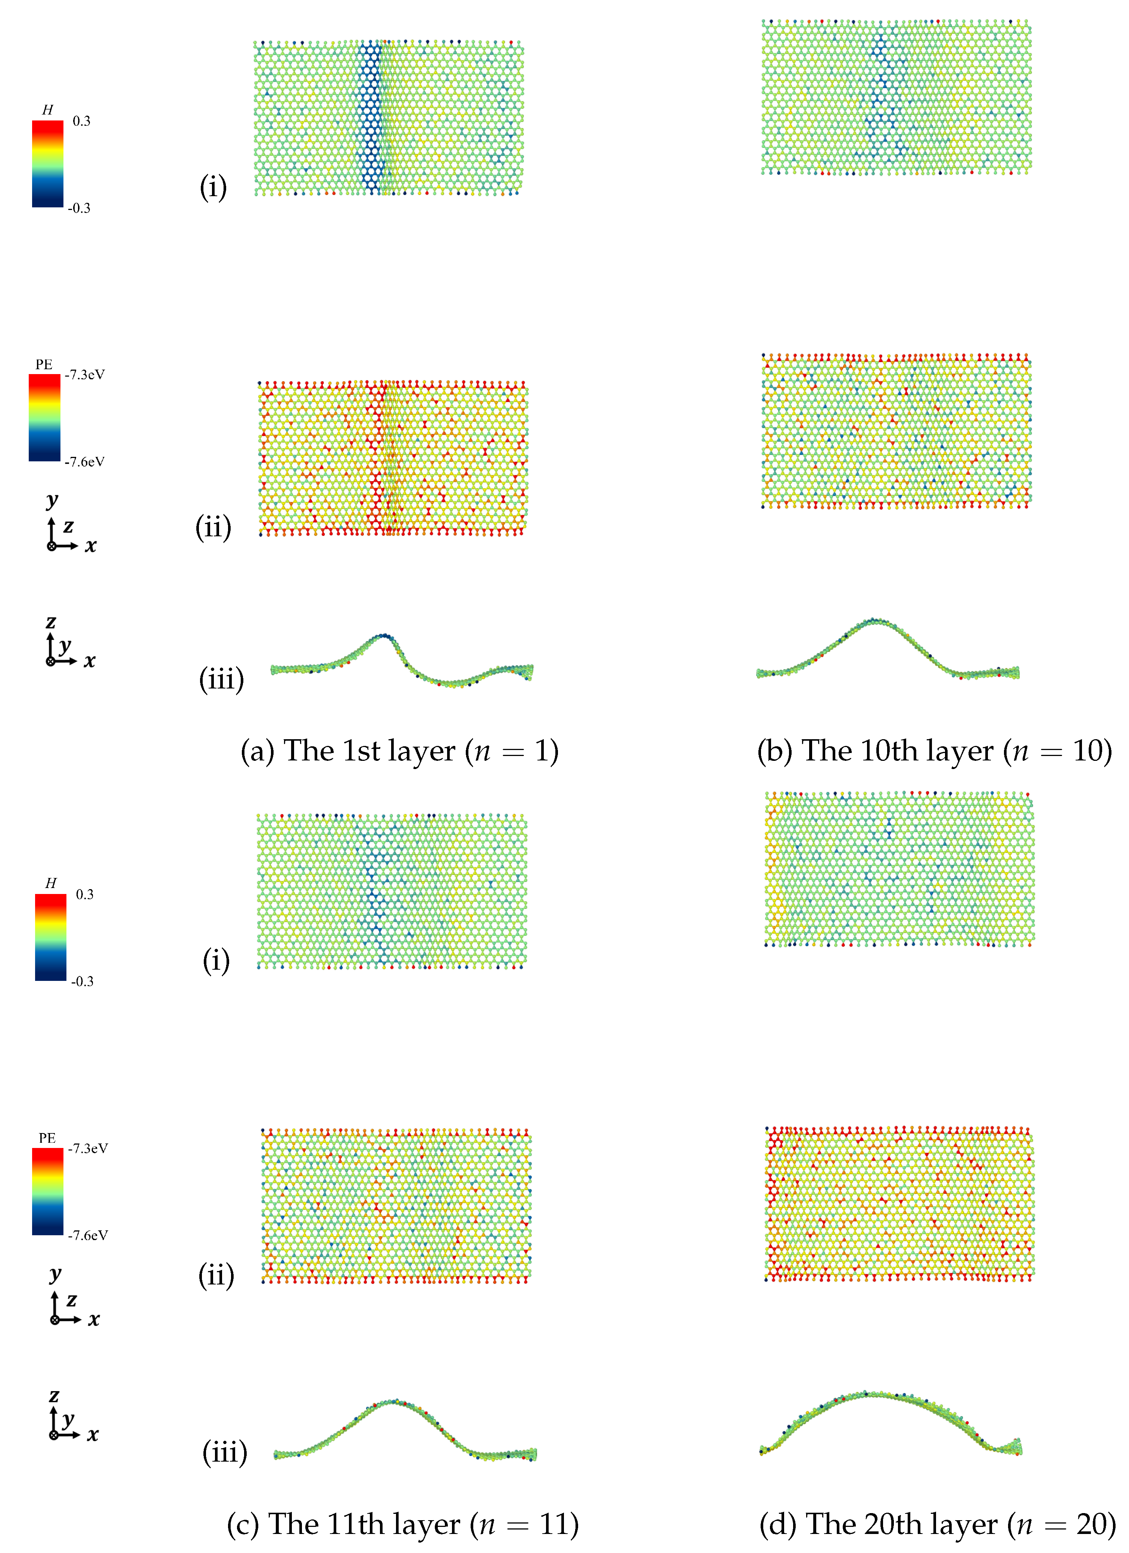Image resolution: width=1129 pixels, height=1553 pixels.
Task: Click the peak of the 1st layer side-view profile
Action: point(384,636)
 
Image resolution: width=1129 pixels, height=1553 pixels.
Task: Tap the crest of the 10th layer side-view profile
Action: point(874,621)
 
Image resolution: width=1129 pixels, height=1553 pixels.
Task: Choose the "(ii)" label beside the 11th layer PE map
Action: point(216,1275)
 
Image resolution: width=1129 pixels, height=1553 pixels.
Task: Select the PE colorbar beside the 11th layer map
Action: point(47,1192)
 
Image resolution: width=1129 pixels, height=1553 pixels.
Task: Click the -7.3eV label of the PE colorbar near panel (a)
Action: point(85,374)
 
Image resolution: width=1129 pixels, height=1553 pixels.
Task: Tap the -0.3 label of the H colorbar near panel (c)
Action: point(82,981)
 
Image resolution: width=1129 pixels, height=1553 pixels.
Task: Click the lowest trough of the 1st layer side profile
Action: point(452,683)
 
